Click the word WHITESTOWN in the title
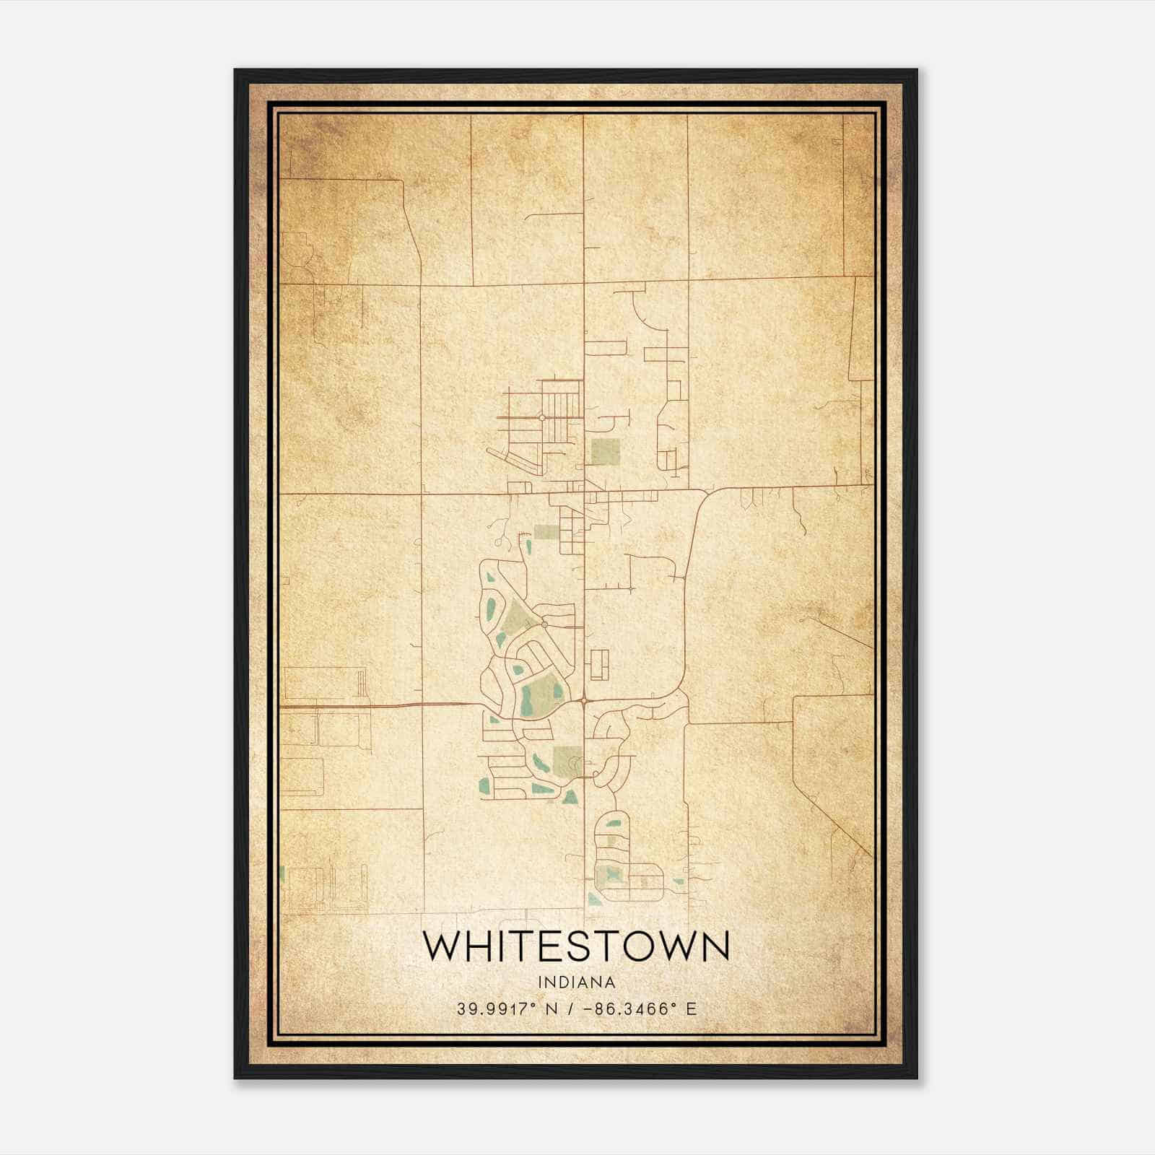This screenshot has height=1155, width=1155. tap(576, 946)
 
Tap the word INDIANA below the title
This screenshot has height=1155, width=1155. tap(576, 982)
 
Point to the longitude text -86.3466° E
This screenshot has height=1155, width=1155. tap(640, 1009)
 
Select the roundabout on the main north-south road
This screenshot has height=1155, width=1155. tap(583, 700)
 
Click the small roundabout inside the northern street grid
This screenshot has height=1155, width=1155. tap(541, 417)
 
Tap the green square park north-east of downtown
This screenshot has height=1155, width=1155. tap(605, 451)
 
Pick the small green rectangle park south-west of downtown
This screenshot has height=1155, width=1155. tap(545, 532)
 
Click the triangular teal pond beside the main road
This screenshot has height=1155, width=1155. tap(570, 797)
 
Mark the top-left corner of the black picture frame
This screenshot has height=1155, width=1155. tap(235, 70)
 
